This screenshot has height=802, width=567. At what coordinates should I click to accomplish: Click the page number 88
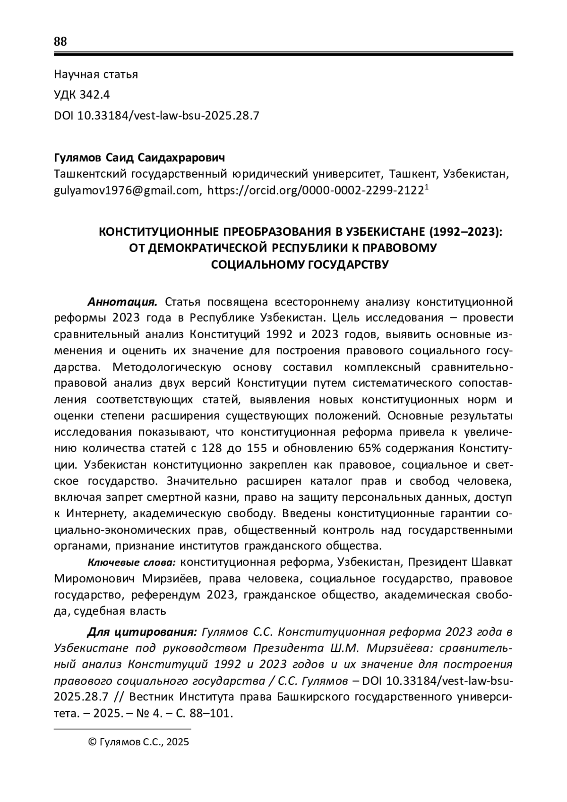(x=60, y=42)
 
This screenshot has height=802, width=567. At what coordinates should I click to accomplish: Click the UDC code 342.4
(x=94, y=95)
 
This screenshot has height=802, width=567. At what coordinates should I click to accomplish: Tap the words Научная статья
(x=96, y=74)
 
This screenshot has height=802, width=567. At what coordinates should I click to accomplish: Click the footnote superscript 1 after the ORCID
(x=427, y=187)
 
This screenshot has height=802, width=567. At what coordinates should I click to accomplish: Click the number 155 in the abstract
(x=244, y=448)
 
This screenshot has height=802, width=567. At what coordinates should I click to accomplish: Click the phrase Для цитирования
(x=142, y=632)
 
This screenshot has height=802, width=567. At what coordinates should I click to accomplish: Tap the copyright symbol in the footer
(x=92, y=742)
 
